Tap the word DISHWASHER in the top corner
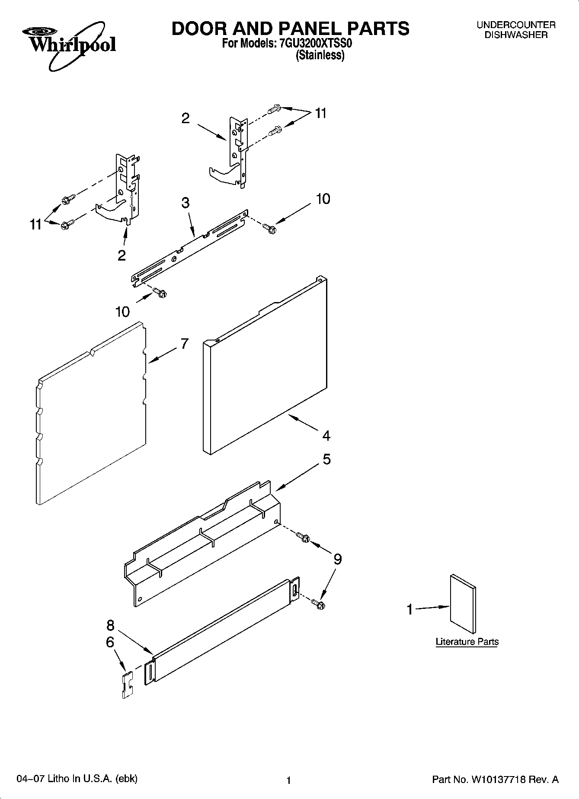(x=515, y=35)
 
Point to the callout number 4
(x=326, y=435)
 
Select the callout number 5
(x=326, y=459)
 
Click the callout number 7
(x=185, y=344)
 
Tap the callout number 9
(x=337, y=559)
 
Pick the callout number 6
(x=110, y=643)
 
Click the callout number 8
(x=110, y=625)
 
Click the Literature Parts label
(x=467, y=642)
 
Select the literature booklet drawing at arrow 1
(x=463, y=603)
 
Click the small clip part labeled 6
(x=127, y=684)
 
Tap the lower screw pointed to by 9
(x=320, y=604)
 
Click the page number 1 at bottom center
(x=289, y=780)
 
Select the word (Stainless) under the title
(x=320, y=55)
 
